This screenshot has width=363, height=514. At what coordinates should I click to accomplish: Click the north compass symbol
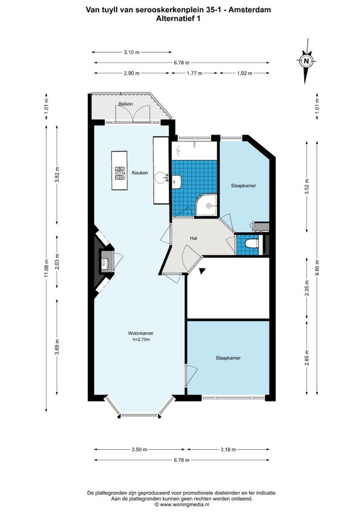[x=306, y=61]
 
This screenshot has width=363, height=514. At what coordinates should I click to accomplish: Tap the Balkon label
[x=126, y=104]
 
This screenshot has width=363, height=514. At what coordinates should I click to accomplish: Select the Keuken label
[x=140, y=173]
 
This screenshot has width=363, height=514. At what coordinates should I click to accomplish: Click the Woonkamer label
[x=141, y=333]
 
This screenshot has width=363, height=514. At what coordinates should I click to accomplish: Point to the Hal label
[x=193, y=238]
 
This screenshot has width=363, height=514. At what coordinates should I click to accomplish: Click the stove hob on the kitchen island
[x=119, y=173]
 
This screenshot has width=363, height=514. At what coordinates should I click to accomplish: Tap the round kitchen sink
[x=161, y=178]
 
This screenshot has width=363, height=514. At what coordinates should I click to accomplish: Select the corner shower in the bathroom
[x=206, y=205]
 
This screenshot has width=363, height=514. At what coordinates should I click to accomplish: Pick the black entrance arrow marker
[x=202, y=271]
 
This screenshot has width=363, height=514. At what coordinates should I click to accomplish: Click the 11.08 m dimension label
[x=47, y=268]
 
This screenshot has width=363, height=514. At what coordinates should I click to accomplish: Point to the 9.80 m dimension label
[x=317, y=268]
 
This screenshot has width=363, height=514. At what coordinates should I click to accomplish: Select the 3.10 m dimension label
[x=131, y=52]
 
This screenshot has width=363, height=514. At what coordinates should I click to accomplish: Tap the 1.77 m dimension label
[x=194, y=73]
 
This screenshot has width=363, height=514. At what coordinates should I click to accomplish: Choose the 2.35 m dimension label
[x=307, y=288]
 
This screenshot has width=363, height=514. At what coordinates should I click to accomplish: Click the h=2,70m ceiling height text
[x=142, y=339]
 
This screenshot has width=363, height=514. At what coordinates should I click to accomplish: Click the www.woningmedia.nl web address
[x=185, y=504]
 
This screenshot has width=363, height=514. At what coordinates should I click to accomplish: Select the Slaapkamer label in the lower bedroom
[x=228, y=358]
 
